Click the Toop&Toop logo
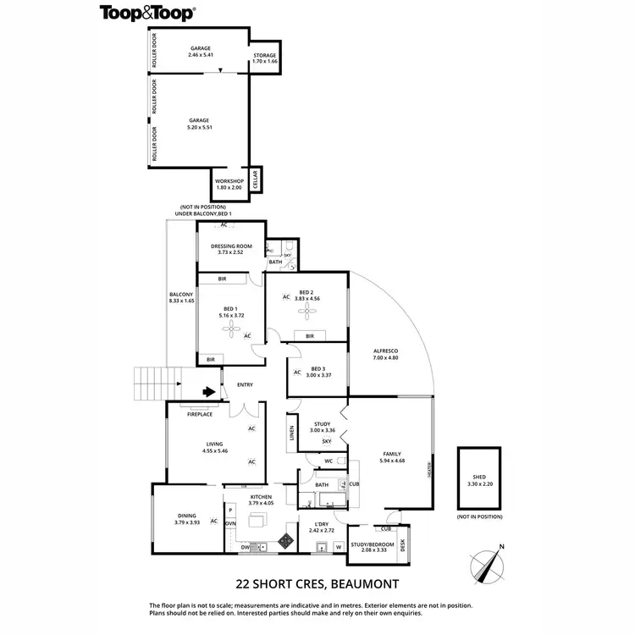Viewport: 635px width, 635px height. [147, 12]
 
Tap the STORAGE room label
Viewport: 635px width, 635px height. [264, 55]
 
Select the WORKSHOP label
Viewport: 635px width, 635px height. [229, 181]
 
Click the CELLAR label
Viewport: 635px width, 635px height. [255, 179]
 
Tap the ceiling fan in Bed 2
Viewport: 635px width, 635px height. [305, 312]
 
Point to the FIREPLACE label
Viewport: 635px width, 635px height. [200, 415]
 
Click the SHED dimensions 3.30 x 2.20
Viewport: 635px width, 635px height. [478, 486]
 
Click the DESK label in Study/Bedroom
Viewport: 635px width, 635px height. [403, 544]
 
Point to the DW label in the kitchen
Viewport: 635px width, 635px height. [244, 547]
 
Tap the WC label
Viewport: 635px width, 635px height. [327, 461]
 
